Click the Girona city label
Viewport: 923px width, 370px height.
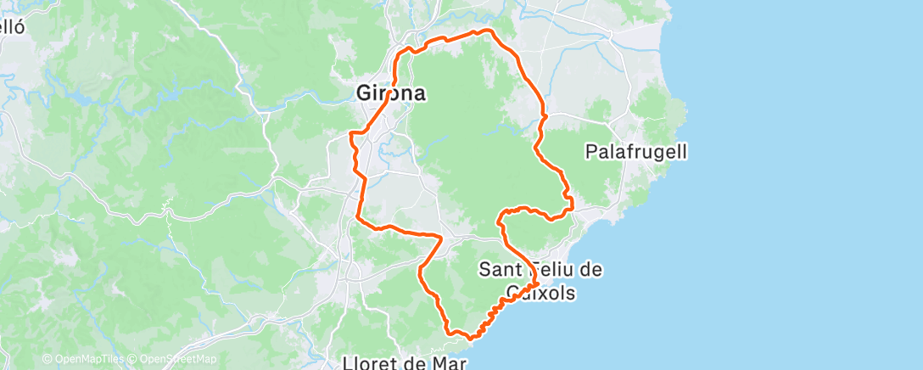390,92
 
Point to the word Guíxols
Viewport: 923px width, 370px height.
541,294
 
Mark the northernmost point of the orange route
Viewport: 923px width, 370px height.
487,31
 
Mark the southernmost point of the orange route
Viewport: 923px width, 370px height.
471,338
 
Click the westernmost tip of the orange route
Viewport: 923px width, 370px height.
351,134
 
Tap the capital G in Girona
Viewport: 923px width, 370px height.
364,92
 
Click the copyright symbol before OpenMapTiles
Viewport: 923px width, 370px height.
48,360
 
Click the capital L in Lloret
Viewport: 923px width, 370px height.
348,362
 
